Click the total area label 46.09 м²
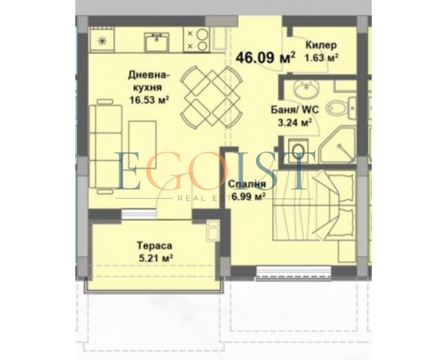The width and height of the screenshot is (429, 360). tap(266, 57)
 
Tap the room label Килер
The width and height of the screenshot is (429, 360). tap(321, 45)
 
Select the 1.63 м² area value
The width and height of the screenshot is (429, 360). tap(321, 58)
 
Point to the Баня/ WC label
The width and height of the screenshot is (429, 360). tap(295, 110)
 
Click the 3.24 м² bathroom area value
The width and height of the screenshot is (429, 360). tap(295, 122)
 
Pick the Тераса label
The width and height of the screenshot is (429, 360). tap(154, 245)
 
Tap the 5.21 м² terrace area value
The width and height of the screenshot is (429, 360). tap(156, 258)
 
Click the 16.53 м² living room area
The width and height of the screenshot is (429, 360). tap(149, 100)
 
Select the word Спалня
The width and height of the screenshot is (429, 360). tap(247, 184)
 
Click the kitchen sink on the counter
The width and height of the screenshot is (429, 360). tap(157, 42)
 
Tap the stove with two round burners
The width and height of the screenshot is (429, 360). tap(196, 39)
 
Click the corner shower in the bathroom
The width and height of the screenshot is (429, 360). tap(339, 146)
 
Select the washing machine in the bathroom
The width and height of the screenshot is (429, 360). tap(298, 150)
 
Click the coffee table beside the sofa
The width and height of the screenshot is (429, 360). tap(142, 145)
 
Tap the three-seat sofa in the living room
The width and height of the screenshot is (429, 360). tap(105, 147)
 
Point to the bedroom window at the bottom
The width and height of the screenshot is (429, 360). tap(294, 273)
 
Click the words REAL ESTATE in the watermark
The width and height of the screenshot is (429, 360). tap(215, 198)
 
